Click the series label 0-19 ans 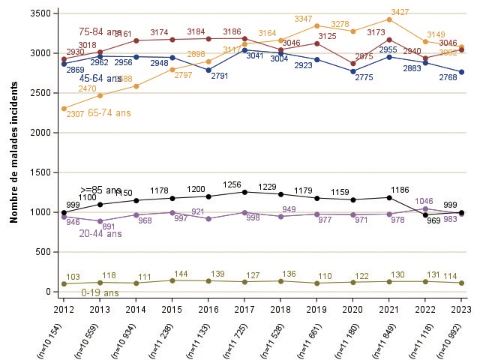100,292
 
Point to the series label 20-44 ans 100,234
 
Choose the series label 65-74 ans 109,112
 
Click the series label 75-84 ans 100,32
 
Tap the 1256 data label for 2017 232,184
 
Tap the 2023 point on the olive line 461,283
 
